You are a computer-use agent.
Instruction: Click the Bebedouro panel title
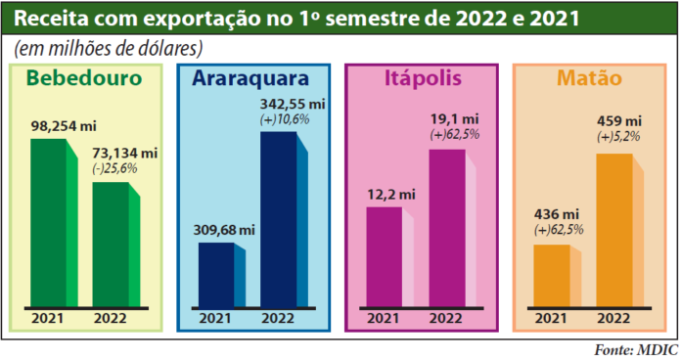click(84, 79)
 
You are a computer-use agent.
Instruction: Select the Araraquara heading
click(251, 79)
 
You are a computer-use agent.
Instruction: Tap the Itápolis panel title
click(424, 79)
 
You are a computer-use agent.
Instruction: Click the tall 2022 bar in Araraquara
click(278, 220)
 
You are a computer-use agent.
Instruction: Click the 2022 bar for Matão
click(613, 230)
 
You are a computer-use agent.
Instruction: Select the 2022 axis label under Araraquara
click(279, 318)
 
